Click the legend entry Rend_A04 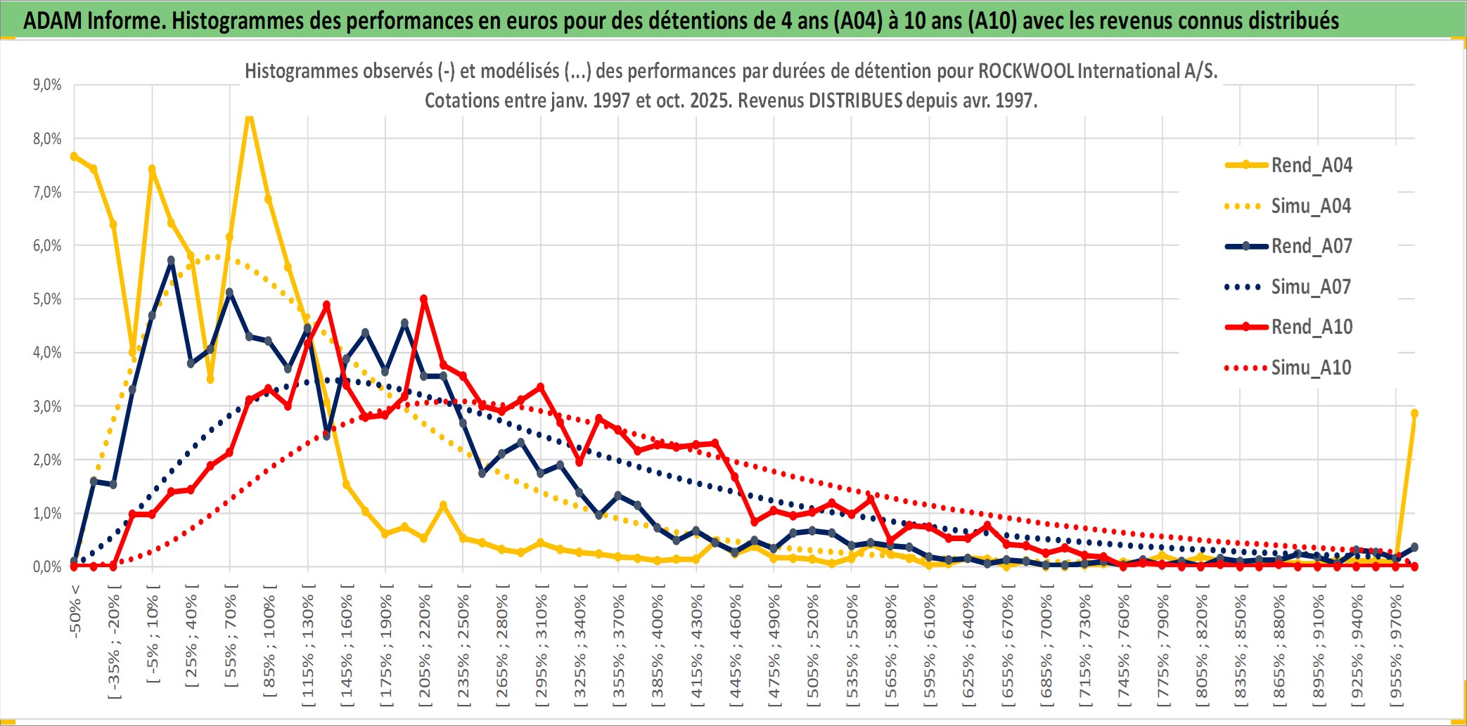pyautogui.click(x=1311, y=165)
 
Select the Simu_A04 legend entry pyautogui.click(x=1311, y=206)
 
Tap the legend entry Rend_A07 pyautogui.click(x=1311, y=246)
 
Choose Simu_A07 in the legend pyautogui.click(x=1311, y=287)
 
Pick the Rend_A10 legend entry pyautogui.click(x=1311, y=327)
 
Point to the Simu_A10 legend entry pyautogui.click(x=1311, y=368)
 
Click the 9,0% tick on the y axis pyautogui.click(x=47, y=85)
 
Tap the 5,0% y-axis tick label pyautogui.click(x=47, y=299)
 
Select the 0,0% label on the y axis pyautogui.click(x=47, y=567)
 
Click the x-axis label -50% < pyautogui.click(x=75, y=611)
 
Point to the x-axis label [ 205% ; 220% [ pyautogui.click(x=424, y=647)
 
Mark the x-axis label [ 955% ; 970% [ pyautogui.click(x=1395, y=647)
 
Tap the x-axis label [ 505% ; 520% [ pyautogui.click(x=813, y=647)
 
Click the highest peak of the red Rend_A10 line pyautogui.click(x=423, y=299)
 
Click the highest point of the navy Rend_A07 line pyautogui.click(x=171, y=260)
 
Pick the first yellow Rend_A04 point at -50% pyautogui.click(x=74, y=156)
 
